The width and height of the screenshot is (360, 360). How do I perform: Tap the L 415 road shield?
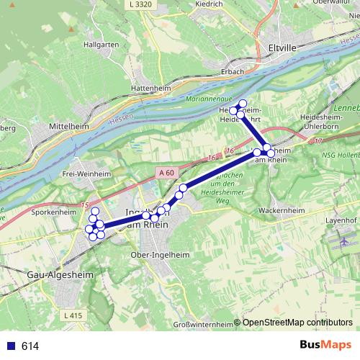point(73,315)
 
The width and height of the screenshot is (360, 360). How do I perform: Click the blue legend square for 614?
point(11,346)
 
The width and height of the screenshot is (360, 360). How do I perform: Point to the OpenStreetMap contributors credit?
point(297,323)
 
